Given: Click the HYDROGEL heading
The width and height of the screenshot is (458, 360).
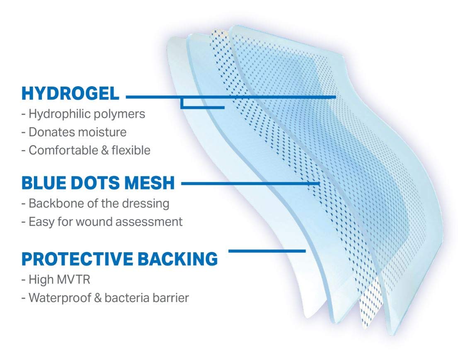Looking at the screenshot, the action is [70, 94].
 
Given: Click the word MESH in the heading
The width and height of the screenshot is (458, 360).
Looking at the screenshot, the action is [150, 183].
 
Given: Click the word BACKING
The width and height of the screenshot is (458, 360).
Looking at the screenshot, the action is [177, 259].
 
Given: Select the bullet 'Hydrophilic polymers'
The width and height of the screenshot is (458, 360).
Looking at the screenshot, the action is [87, 114].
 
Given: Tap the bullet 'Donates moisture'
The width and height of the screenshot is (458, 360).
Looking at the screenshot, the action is [78, 132].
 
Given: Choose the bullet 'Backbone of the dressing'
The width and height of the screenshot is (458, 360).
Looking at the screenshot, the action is [99, 203].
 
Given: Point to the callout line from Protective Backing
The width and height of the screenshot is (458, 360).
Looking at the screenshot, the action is [267, 251].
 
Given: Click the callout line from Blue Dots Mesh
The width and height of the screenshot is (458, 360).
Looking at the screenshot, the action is [251, 184].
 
